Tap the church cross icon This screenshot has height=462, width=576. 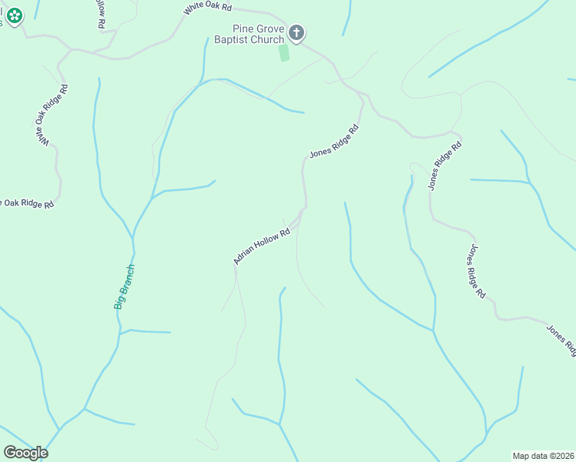coord(297,33)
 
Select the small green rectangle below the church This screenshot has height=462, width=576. coord(284,53)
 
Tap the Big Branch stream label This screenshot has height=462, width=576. coord(125,286)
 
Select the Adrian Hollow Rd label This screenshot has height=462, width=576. coord(262,246)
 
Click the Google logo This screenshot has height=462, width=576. coord(26,453)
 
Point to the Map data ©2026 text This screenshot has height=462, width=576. coord(544,456)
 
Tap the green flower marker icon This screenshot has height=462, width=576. coord(15,15)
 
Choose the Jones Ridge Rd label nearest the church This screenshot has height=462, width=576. coord(335,142)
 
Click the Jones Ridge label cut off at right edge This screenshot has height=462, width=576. coord(561,340)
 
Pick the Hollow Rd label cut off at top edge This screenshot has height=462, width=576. coord(101,14)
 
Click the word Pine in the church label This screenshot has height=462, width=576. coord(244,28)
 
